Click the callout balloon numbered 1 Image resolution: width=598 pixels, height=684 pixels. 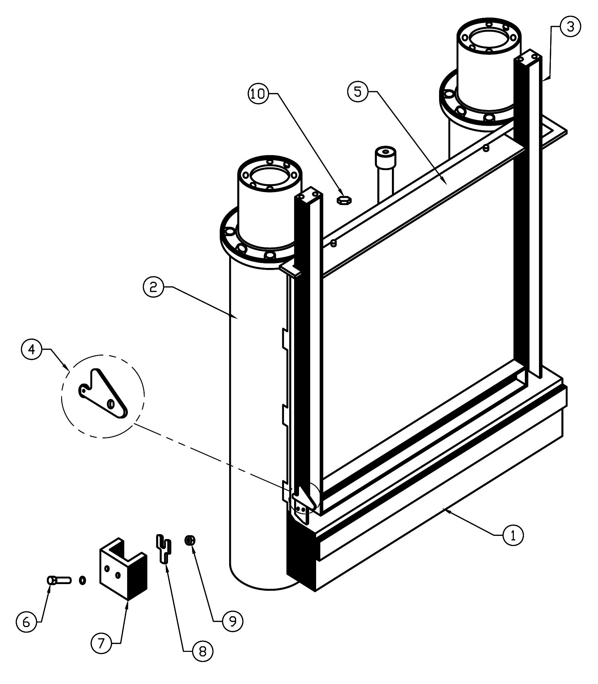[x=513, y=535]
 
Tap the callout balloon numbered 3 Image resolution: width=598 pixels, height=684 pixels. [x=570, y=27]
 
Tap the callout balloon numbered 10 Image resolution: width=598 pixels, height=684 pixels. [x=259, y=94]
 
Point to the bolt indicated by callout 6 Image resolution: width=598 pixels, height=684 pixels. [x=58, y=581]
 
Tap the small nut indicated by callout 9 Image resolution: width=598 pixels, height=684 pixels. [x=190, y=541]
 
